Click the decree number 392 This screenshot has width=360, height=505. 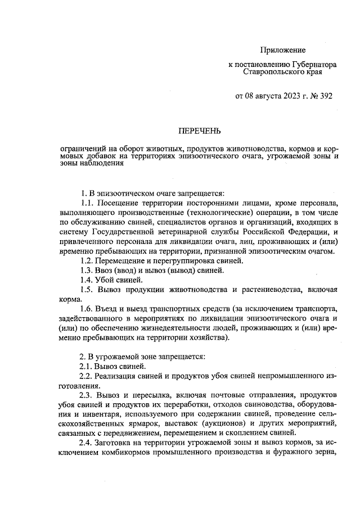(326, 96)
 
